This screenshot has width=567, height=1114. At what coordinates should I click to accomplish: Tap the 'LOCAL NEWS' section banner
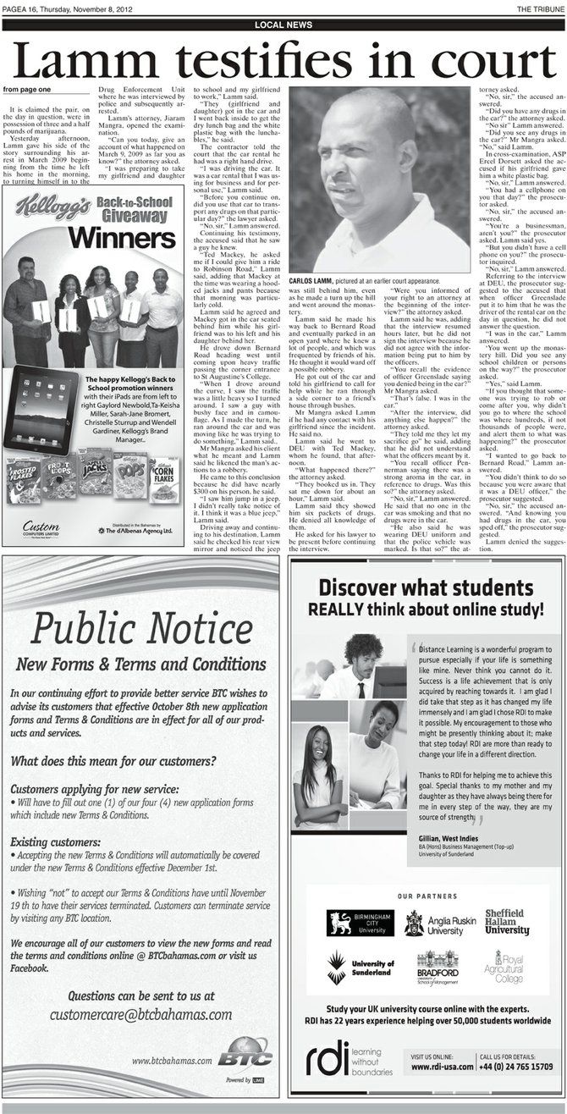point(283,25)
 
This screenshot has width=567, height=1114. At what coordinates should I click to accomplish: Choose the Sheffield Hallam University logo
point(505,922)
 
